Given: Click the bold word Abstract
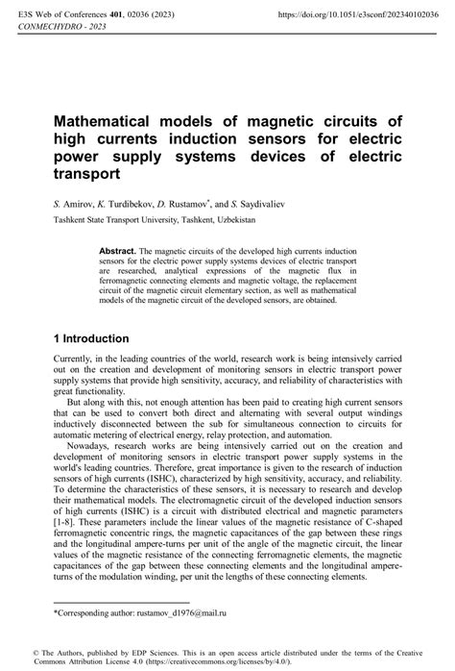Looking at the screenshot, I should coord(119,249).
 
